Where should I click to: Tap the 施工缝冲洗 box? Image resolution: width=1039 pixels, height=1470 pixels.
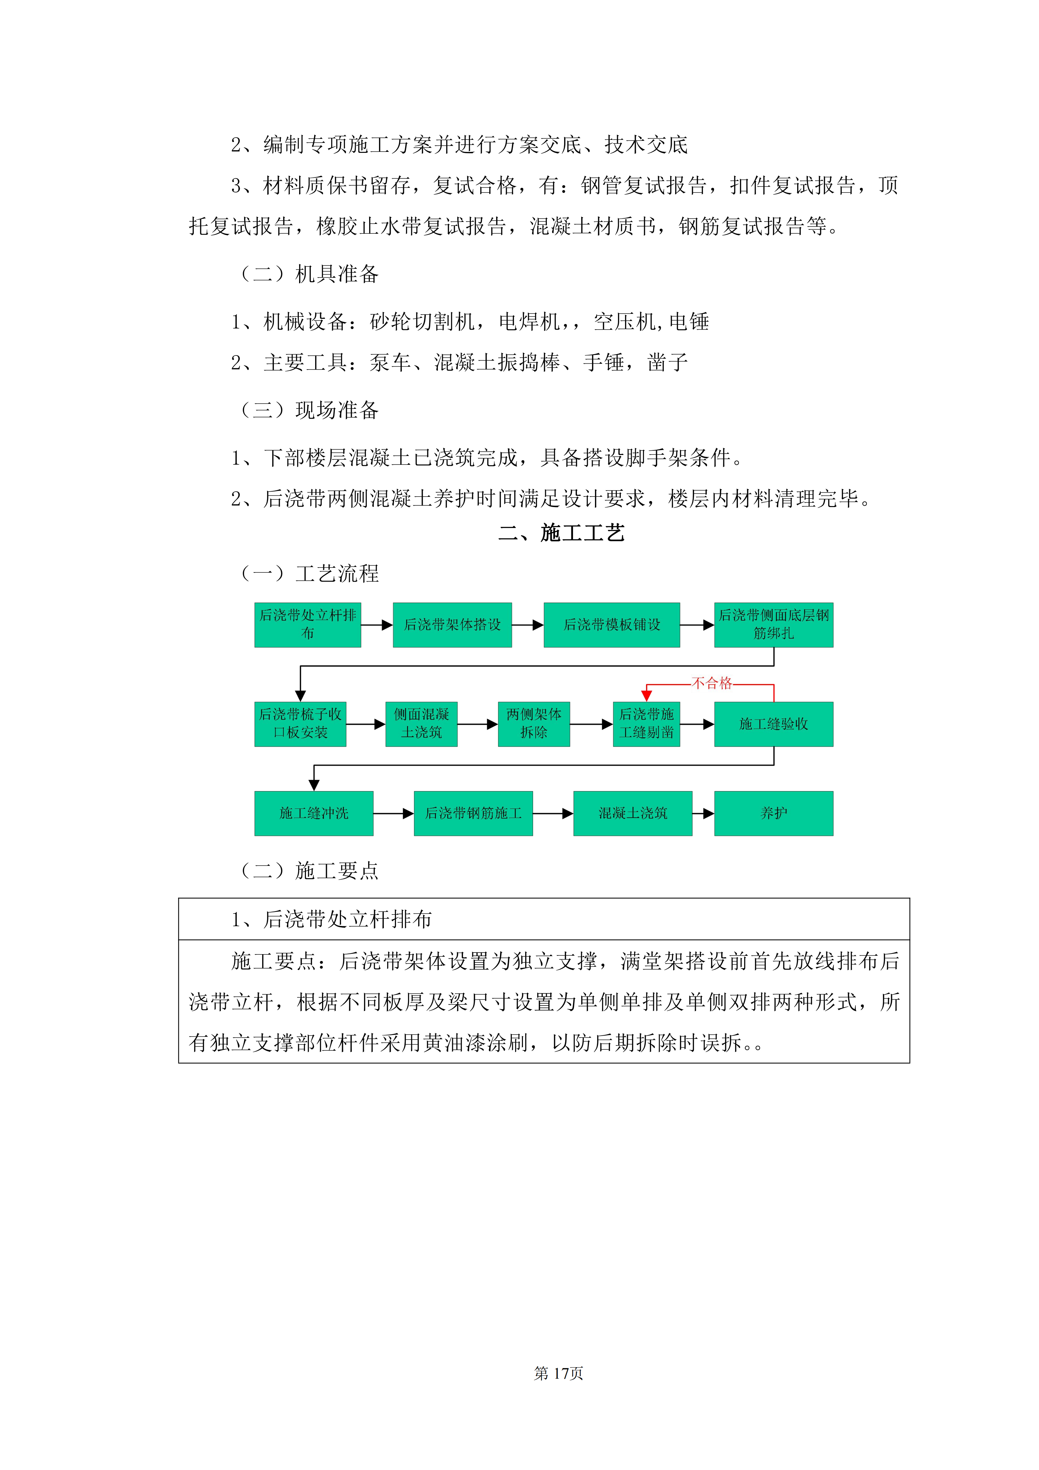314,813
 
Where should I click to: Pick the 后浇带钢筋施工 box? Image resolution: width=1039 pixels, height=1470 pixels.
473,813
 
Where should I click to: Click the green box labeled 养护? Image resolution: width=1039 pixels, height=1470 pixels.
773,813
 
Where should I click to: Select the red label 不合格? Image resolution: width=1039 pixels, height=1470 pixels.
712,683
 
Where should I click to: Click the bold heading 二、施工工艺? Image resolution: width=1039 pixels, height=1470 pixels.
561,533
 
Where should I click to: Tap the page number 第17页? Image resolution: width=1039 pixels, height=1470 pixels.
558,1373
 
